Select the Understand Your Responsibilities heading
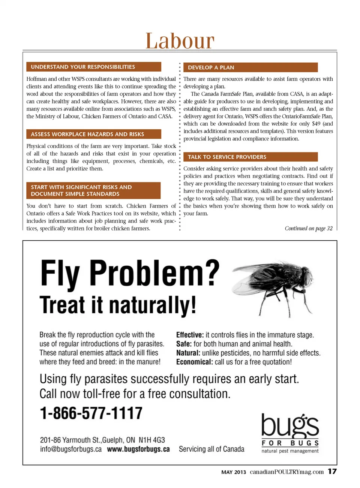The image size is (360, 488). coord(94,67)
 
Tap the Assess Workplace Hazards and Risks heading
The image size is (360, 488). coord(94,134)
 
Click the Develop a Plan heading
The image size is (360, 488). coord(250,67)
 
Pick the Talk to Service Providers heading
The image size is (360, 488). coord(250,157)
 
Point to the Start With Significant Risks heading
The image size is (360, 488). coord(93,190)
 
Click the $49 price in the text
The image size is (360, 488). coord(316,124)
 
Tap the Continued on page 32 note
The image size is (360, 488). coord(308,228)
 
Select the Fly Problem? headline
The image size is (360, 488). coord(130,273)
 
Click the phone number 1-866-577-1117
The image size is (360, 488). coord(91,413)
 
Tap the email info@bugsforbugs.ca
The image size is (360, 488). coord(71,449)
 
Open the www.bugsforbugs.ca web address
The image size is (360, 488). coord(138,449)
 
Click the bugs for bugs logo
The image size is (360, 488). coord(290,433)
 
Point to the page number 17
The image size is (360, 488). coord(332,472)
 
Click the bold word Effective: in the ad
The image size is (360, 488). coord(190,335)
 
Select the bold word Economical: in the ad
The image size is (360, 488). coord(194,362)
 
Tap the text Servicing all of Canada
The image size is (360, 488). coord(211,449)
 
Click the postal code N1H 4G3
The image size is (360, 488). coord(151,440)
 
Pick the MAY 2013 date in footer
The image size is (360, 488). coord(234,472)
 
